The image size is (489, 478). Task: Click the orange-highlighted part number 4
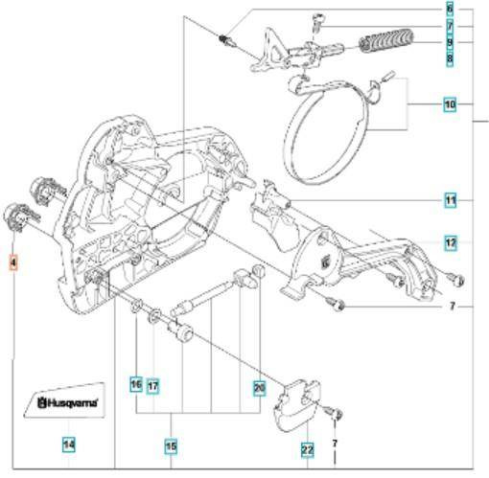pyautogui.click(x=13, y=262)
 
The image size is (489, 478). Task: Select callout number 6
pyautogui.click(x=449, y=9)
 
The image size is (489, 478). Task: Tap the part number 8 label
pyautogui.click(x=449, y=59)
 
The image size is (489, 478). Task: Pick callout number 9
pyautogui.click(x=449, y=42)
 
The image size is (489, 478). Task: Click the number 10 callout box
pyautogui.click(x=449, y=102)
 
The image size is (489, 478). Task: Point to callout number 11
pyautogui.click(x=449, y=200)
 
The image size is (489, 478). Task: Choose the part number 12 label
pyautogui.click(x=449, y=242)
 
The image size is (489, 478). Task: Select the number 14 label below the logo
pyautogui.click(x=68, y=444)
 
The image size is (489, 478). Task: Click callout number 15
pyautogui.click(x=170, y=445)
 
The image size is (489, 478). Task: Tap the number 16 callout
pyautogui.click(x=136, y=385)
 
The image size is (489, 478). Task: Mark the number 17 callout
pyautogui.click(x=152, y=385)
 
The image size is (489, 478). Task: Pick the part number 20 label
pyautogui.click(x=258, y=388)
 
